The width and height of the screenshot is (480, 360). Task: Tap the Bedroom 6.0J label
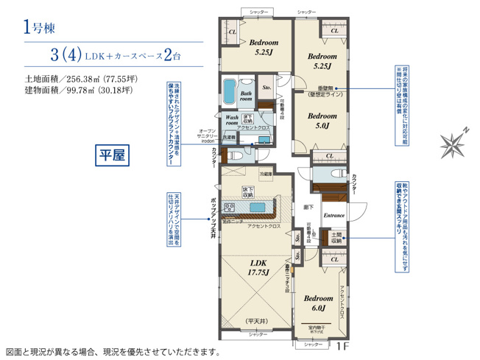tap(318, 303)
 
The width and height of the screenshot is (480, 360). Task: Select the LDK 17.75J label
tap(258, 267)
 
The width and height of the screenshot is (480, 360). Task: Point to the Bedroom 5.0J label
tap(322, 121)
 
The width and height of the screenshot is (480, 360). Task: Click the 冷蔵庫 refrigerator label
tap(266, 173)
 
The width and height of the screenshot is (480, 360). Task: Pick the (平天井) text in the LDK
tap(258, 322)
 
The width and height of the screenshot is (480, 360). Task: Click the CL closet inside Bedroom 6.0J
tap(334, 260)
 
